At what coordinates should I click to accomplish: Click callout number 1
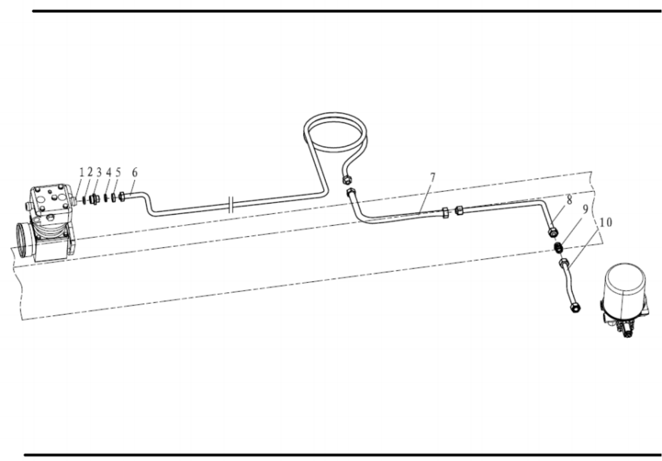coord(82,173)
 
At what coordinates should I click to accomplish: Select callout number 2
coord(90,172)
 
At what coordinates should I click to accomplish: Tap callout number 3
coord(99,172)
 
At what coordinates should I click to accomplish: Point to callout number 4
coord(109,172)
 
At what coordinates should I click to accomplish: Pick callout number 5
coord(118,172)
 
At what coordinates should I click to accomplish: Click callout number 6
coord(135,172)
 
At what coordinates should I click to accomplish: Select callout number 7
coord(433,178)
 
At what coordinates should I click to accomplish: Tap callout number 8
coord(569,200)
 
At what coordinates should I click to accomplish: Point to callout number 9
coord(585,209)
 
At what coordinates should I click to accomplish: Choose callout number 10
coord(605,222)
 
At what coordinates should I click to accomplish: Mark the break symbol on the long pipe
coord(232,205)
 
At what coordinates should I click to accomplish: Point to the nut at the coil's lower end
coord(346,179)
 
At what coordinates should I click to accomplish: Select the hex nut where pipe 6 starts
coord(121,196)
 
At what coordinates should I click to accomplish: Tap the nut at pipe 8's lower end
coord(552,232)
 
